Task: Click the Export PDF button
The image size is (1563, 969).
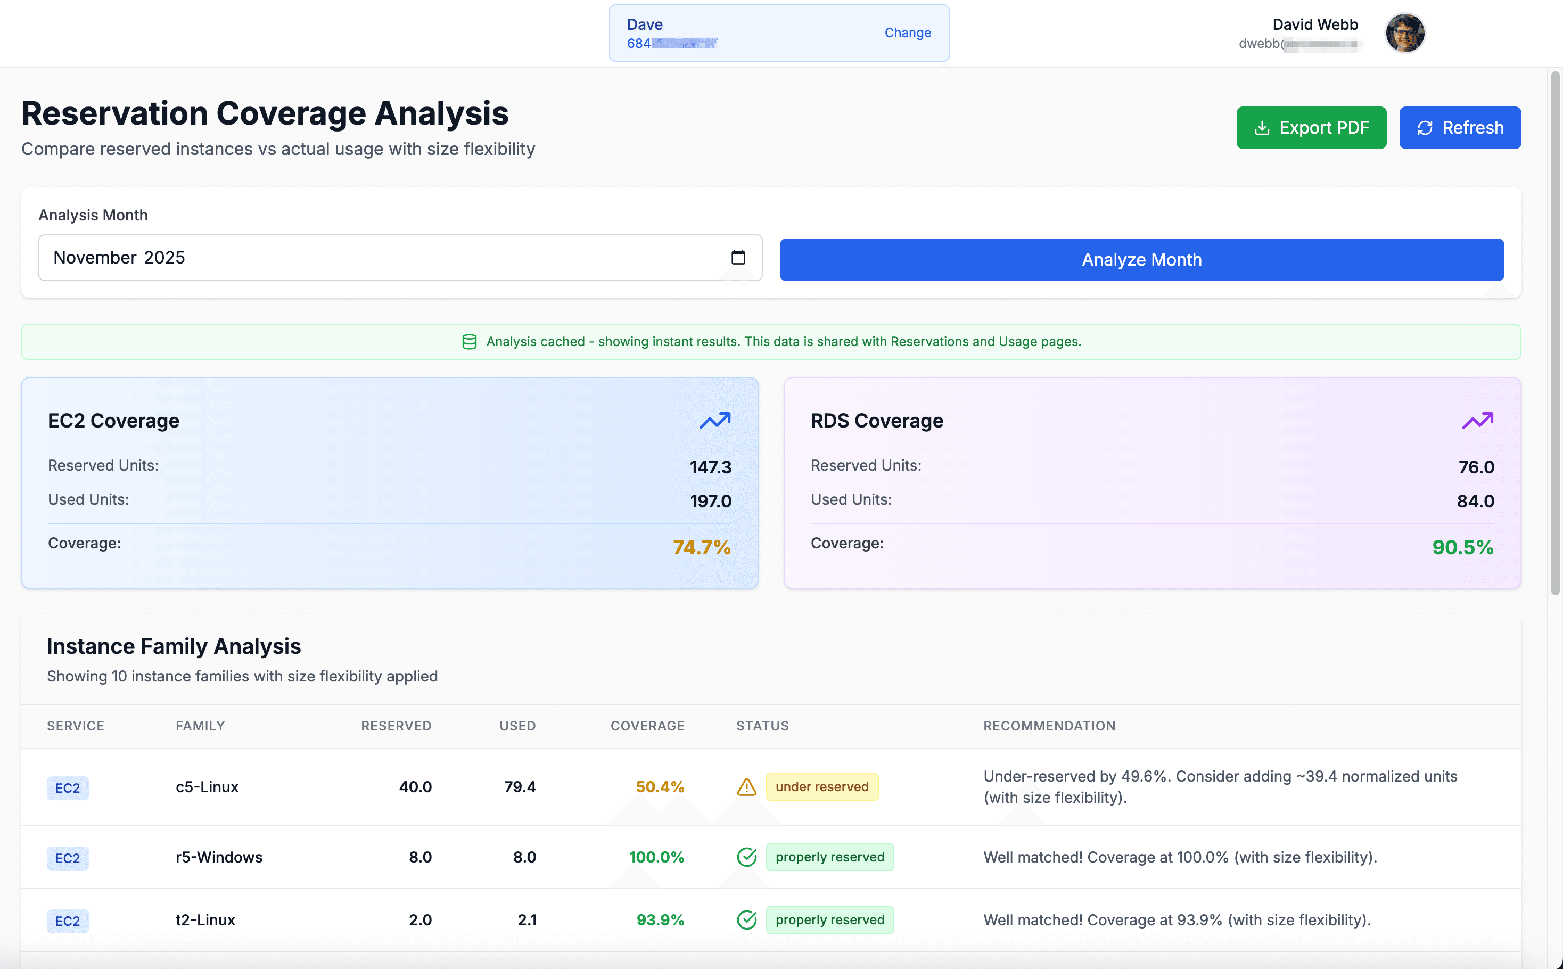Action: point(1311,128)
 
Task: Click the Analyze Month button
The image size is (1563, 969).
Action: point(1141,260)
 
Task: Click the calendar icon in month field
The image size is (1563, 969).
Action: point(738,257)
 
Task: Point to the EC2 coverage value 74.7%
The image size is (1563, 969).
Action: point(701,547)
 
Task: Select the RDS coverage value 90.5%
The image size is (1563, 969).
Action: point(1462,547)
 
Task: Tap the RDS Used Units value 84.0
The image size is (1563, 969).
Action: point(1475,500)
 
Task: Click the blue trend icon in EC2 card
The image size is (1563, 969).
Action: point(714,421)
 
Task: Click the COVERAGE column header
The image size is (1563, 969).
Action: point(647,726)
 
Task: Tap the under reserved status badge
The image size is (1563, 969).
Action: point(821,786)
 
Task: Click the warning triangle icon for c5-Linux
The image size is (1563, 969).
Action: point(746,786)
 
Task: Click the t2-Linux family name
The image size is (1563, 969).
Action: point(205,919)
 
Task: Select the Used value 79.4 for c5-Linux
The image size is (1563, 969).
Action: point(519,786)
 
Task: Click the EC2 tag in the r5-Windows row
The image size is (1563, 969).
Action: point(67,858)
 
